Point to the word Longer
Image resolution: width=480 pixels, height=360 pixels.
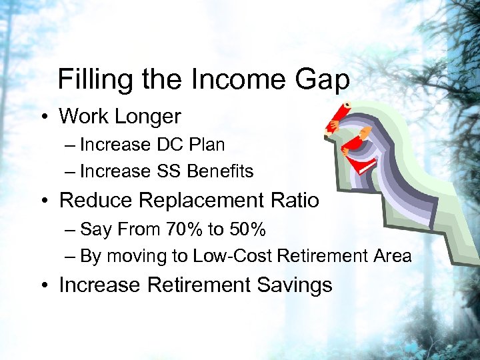(x=149, y=116)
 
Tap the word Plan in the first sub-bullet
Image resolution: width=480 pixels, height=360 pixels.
(x=206, y=145)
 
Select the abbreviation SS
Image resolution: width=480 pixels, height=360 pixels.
(x=169, y=171)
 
